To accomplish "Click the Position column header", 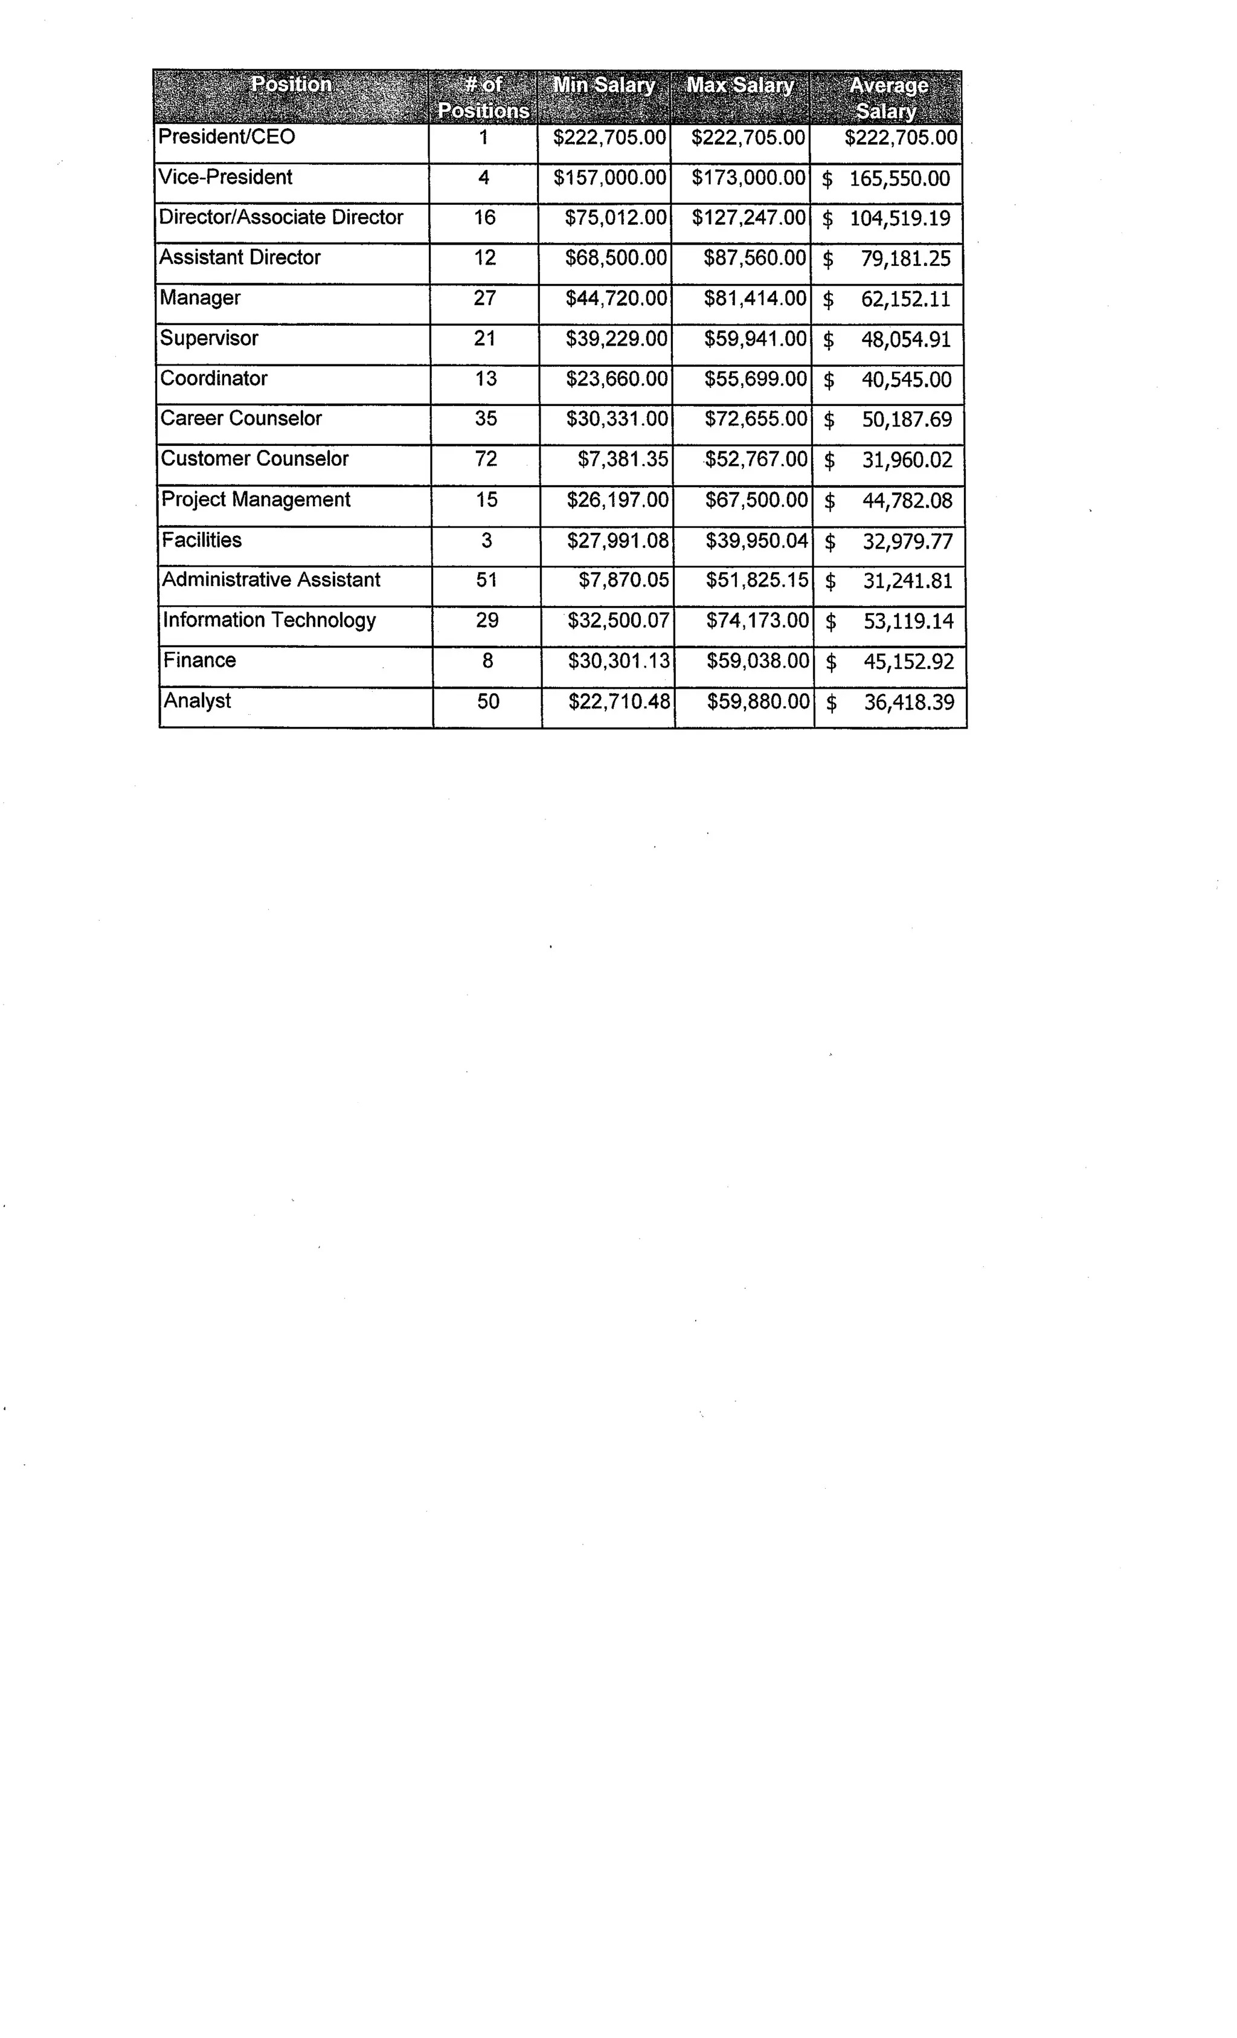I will [x=291, y=85].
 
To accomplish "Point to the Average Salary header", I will [x=887, y=98].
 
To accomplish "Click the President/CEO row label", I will [x=227, y=137].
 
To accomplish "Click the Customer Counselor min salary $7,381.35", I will [x=623, y=459].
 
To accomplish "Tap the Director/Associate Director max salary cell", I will [x=748, y=218].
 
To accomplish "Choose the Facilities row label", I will [x=202, y=540].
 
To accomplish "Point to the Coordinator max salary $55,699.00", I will [x=755, y=379].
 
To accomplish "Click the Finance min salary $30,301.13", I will [x=619, y=660].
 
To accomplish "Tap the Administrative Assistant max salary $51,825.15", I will [x=757, y=580].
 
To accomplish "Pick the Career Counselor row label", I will [x=240, y=419].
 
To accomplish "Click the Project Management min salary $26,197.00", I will [x=617, y=500].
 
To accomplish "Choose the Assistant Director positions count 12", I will [x=484, y=257].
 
